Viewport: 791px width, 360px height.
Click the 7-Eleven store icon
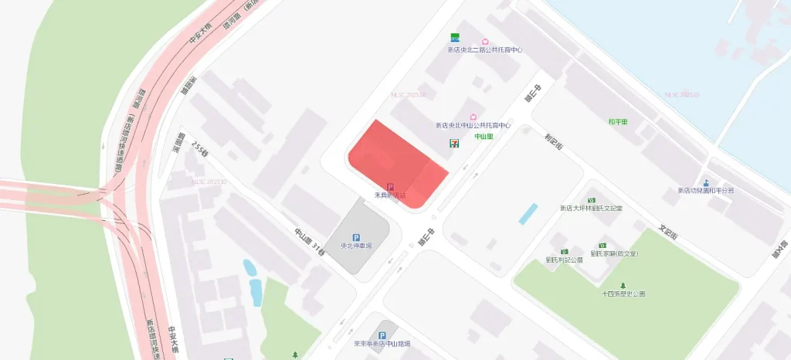pos(453,143)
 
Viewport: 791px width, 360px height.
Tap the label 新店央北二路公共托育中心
pos(485,50)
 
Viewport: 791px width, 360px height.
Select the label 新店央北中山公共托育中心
pos(474,125)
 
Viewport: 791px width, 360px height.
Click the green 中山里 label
pos(484,137)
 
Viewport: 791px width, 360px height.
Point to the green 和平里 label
pos(618,121)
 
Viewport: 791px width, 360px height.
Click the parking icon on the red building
pos(390,186)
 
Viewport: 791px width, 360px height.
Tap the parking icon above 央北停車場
pos(356,237)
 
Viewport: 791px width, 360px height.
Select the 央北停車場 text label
pos(356,246)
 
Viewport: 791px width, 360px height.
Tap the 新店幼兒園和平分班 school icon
pos(706,182)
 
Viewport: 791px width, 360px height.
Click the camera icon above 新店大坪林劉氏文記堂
pos(592,199)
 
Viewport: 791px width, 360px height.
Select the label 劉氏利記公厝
pos(564,260)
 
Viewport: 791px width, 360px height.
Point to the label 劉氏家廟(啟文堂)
pos(614,253)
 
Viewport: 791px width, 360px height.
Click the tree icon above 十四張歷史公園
pos(623,285)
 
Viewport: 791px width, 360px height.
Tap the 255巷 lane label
pos(200,149)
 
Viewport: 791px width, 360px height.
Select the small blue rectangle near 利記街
pos(528,213)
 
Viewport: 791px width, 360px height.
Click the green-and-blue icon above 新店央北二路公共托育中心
pos(456,38)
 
